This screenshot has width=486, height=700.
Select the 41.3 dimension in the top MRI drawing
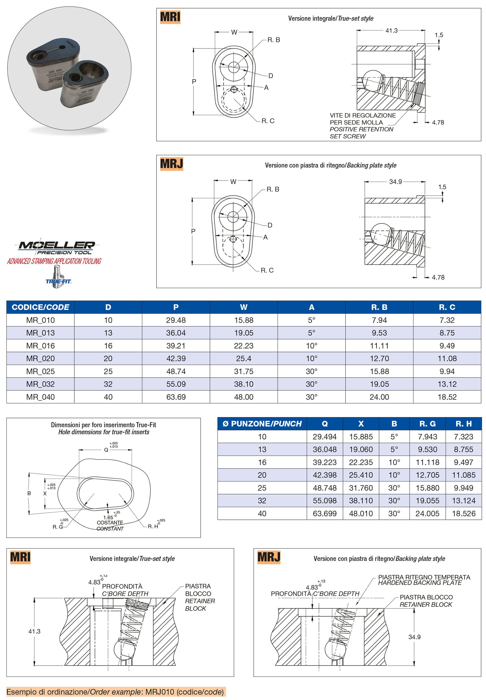click(x=391, y=30)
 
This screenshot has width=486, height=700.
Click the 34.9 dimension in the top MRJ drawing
click(x=395, y=182)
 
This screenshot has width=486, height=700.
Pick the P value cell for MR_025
click(x=176, y=371)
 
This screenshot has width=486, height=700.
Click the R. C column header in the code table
click(x=447, y=307)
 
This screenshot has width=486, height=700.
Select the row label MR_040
click(x=40, y=397)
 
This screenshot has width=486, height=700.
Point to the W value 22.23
click(x=244, y=346)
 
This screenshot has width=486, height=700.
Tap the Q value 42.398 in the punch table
click(x=325, y=475)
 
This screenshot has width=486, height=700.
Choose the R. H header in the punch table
click(x=463, y=424)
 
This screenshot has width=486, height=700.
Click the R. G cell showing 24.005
click(x=427, y=514)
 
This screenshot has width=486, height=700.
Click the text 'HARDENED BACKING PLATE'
click(x=420, y=583)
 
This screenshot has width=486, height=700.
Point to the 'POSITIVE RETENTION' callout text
click(x=361, y=129)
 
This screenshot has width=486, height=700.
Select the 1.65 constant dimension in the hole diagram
click(x=108, y=517)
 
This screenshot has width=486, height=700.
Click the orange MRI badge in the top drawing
click(x=170, y=17)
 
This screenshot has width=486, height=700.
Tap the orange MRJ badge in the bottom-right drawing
click(x=269, y=557)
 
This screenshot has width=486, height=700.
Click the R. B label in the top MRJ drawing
click(x=273, y=189)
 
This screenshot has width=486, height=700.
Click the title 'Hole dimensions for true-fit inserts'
click(x=104, y=432)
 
